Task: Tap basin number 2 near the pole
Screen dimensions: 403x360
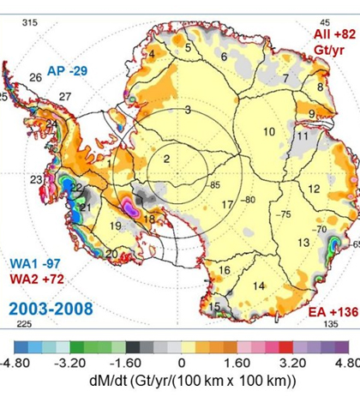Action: tap(168, 158)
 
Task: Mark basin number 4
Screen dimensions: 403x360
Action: tap(152, 55)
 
